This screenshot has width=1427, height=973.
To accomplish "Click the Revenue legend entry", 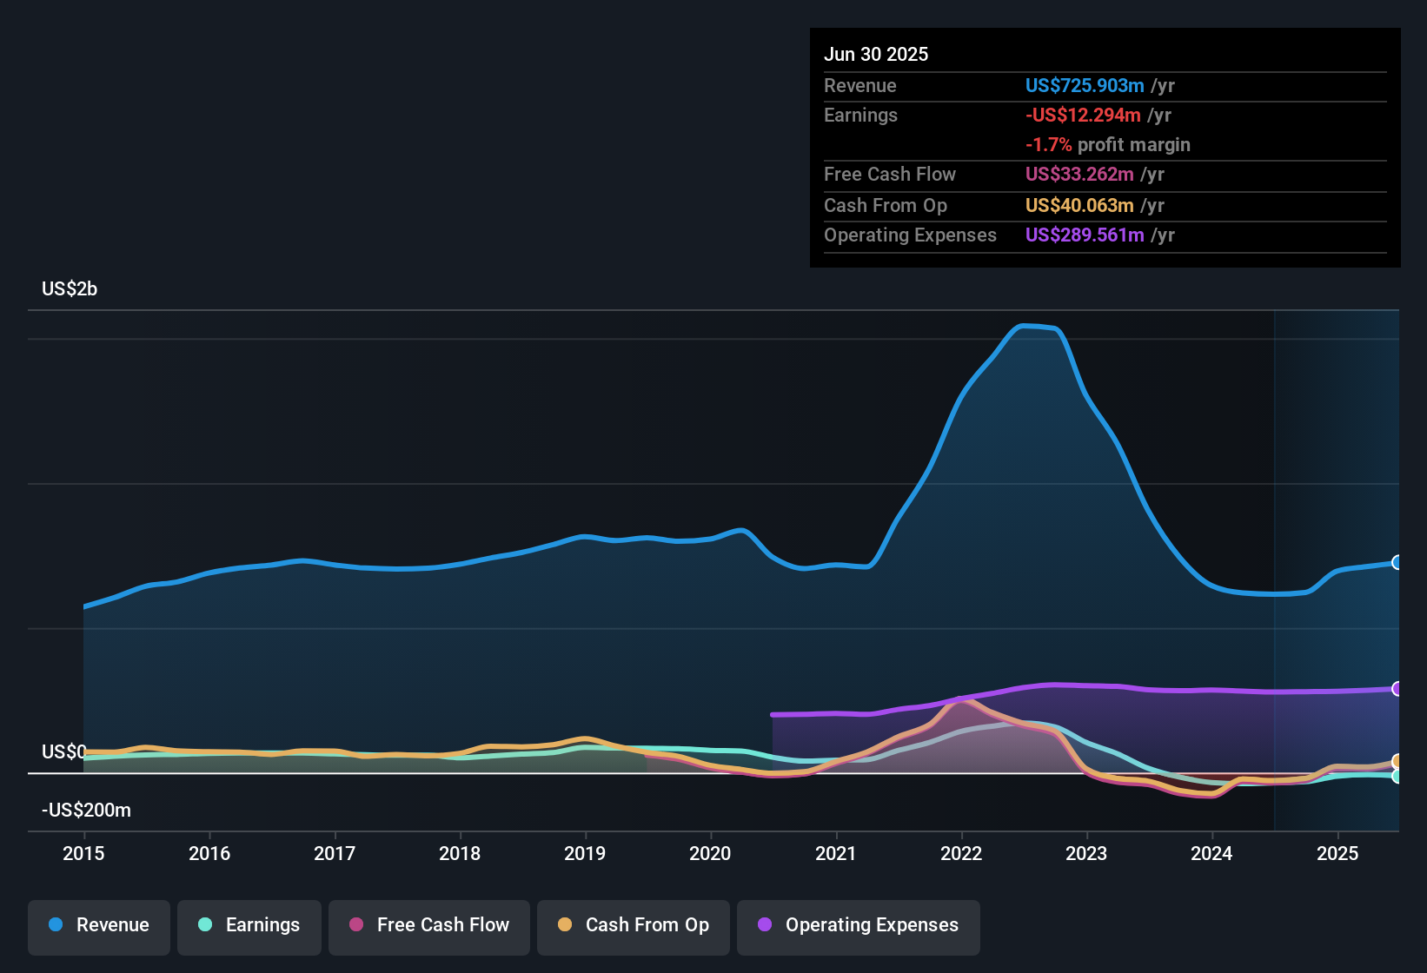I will tap(99, 925).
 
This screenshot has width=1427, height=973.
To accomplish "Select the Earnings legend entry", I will tap(249, 925).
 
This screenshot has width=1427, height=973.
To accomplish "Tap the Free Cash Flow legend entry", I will tap(429, 925).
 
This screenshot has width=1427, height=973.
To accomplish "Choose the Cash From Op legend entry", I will tap(634, 925).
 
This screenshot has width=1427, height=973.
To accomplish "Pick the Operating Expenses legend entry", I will tap(859, 925).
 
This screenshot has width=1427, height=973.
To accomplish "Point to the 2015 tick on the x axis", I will tap(83, 853).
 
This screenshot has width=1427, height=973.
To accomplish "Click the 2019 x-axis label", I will tap(585, 853).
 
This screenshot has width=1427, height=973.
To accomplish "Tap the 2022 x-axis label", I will tap(961, 853).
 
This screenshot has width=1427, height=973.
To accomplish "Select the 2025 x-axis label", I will tap(1337, 853).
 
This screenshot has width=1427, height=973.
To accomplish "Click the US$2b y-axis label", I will tap(70, 288).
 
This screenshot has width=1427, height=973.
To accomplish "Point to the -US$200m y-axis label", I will tap(86, 810).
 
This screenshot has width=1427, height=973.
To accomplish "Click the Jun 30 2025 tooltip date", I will tap(876, 54).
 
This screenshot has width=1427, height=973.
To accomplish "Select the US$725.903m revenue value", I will tap(1085, 85).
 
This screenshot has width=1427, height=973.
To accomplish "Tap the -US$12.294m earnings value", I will tap(1083, 115).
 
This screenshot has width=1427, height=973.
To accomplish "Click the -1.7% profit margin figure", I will tap(1048, 144).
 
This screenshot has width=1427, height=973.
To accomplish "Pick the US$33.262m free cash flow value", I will tap(1079, 174).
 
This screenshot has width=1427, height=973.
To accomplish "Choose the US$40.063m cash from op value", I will tap(1079, 205).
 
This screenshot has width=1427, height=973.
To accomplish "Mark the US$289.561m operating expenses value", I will tap(1085, 235).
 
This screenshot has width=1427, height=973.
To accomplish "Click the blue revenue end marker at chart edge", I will tap(1397, 562).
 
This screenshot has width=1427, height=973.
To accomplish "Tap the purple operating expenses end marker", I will tap(1397, 689).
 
